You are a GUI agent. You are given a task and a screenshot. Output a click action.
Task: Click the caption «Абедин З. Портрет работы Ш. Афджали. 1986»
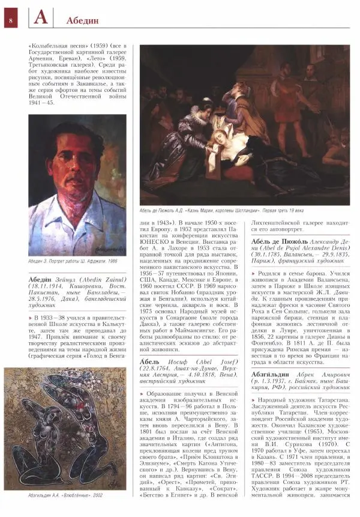(x=73, y=261)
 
